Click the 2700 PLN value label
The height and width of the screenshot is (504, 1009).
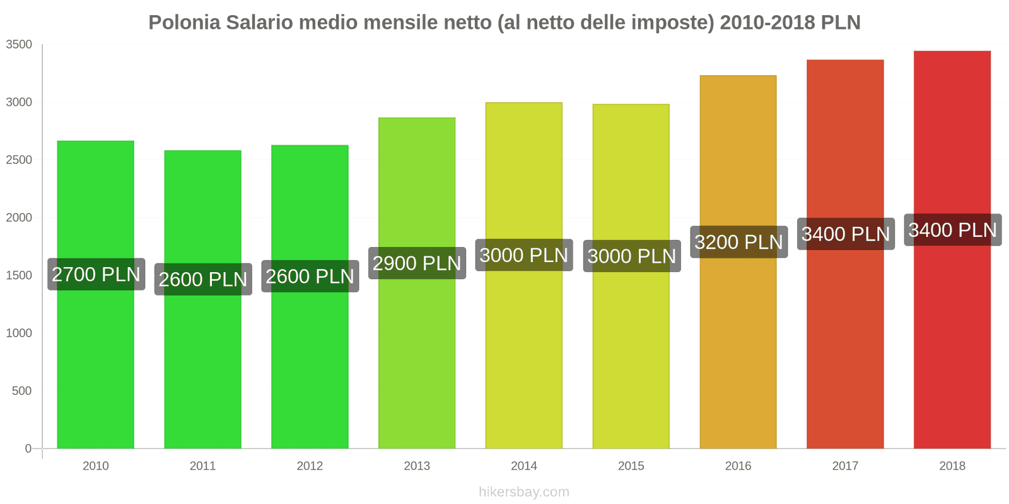(x=96, y=275)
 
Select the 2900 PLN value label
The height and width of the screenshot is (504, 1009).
(x=417, y=263)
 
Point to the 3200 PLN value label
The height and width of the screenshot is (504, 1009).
(x=738, y=242)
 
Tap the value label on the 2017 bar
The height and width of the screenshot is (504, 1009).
(x=845, y=234)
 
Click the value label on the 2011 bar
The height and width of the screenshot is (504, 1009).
(x=203, y=279)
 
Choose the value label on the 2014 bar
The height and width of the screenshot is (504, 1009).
(x=524, y=255)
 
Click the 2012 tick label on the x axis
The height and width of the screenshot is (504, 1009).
(x=310, y=466)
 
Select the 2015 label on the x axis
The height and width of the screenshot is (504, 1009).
(x=631, y=466)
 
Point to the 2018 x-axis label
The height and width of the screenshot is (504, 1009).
(x=952, y=466)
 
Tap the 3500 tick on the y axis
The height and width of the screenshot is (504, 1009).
(x=19, y=45)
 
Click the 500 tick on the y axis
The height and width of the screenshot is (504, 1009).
(x=22, y=391)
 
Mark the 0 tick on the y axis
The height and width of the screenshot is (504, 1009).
(x=28, y=449)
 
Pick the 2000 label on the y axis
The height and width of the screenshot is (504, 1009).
(x=19, y=218)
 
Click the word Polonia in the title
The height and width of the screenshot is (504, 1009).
(x=184, y=23)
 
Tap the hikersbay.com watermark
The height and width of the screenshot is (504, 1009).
(x=524, y=492)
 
